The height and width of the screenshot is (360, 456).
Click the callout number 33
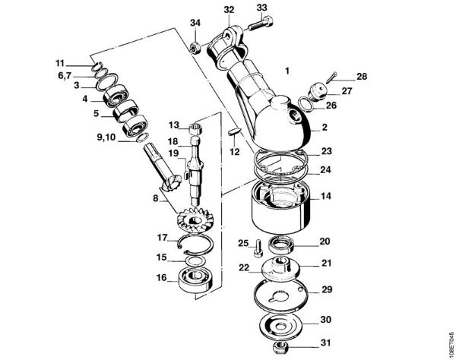click(x=261, y=8)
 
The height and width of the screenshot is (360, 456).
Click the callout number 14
click(x=325, y=195)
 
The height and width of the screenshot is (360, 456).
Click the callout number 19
click(x=173, y=153)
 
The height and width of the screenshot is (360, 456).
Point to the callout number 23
click(x=325, y=151)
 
